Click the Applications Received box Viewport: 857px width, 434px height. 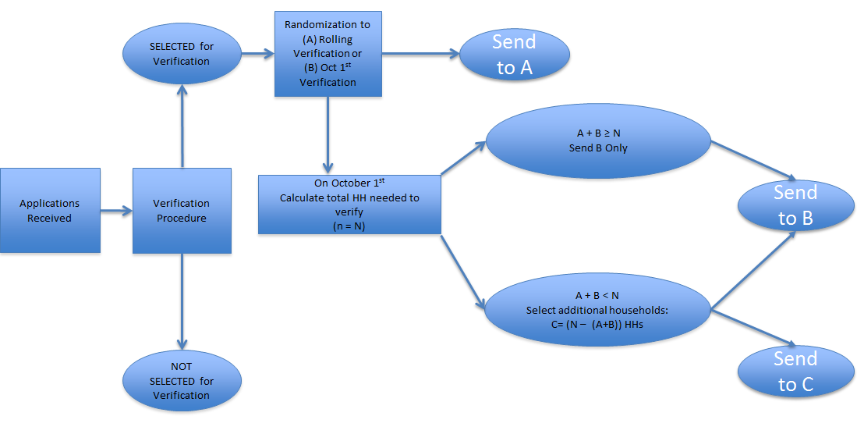pos(50,211)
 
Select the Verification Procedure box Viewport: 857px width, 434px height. pos(182,211)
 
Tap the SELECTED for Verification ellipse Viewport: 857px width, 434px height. pos(181,54)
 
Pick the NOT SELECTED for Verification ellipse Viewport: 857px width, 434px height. pos(181,381)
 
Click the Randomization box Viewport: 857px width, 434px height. pos(328,54)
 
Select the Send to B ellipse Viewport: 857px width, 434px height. pos(795,205)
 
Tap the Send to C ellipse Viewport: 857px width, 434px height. pos(795,372)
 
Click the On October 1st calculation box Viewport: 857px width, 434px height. pos(349,205)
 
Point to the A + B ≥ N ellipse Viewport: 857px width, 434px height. pos(598,141)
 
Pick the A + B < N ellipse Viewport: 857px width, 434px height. pos(598,310)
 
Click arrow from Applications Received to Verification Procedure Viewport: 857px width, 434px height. pos(116,210)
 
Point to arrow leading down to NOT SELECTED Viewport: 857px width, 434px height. pos(182,301)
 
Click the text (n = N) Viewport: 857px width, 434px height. pos(349,226)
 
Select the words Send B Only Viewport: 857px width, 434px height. pos(598,148)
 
